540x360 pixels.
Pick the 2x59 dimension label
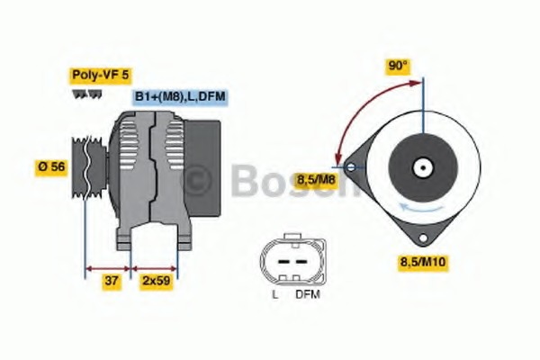point(156,281)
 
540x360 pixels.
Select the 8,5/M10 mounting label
point(424,262)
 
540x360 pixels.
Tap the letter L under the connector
point(274,294)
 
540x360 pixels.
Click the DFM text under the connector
point(307,294)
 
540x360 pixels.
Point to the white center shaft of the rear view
point(420,167)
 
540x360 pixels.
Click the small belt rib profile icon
point(88,94)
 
